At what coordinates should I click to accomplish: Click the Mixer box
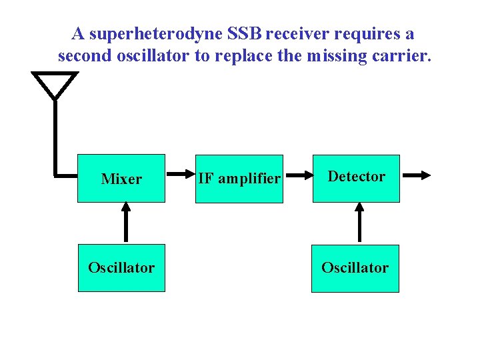tap(121, 178)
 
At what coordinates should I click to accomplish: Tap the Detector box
tap(356, 177)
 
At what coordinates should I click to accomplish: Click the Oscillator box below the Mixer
tap(121, 267)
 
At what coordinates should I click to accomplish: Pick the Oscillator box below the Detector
tap(355, 267)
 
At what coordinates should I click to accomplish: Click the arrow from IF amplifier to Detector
tap(297, 175)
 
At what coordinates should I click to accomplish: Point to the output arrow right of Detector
tap(417, 175)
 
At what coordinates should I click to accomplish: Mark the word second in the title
tap(83, 55)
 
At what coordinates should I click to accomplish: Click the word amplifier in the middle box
tap(256, 178)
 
